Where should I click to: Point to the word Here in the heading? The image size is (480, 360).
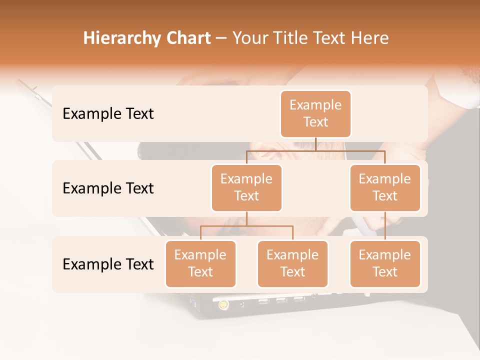[x=370, y=38]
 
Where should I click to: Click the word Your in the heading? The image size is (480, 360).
[x=250, y=38]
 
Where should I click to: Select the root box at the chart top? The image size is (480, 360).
[x=315, y=114]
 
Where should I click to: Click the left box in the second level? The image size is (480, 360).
[x=246, y=188]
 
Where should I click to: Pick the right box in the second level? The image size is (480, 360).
[x=385, y=188]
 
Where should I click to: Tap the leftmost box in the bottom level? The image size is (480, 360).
[x=200, y=264]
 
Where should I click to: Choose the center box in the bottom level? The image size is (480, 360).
[x=292, y=264]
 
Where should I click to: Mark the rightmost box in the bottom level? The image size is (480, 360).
[x=385, y=264]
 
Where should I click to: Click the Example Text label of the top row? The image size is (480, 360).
[x=108, y=114]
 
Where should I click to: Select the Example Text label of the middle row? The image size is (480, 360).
[x=108, y=188]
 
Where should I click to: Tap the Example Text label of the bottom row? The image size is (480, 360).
[x=108, y=264]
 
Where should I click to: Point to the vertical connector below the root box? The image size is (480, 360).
[x=315, y=144]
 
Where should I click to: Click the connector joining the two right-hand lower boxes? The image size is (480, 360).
[x=385, y=226]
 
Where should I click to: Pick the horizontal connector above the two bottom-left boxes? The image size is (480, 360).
[x=246, y=226]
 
